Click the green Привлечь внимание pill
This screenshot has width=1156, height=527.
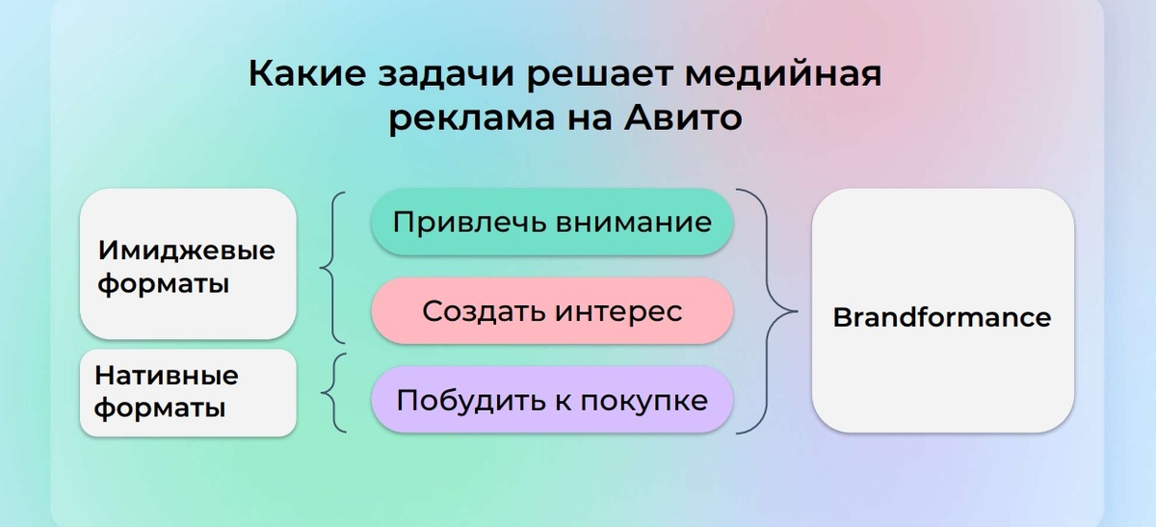pyautogui.click(x=552, y=223)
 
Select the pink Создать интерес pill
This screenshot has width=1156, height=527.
pyautogui.click(x=552, y=311)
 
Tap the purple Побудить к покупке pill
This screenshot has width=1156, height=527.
pyautogui.click(x=552, y=400)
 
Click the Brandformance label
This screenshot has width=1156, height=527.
pyautogui.click(x=941, y=317)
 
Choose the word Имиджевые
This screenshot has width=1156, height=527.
pyautogui.click(x=186, y=250)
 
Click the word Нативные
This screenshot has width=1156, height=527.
pyautogui.click(x=166, y=375)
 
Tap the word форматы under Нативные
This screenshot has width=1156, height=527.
pyautogui.click(x=160, y=408)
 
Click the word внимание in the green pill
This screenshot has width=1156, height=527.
pyautogui.click(x=633, y=223)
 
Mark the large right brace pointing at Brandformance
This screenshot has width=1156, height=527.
pyautogui.click(x=771, y=311)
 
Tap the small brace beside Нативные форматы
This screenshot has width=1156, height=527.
pyautogui.click(x=333, y=392)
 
